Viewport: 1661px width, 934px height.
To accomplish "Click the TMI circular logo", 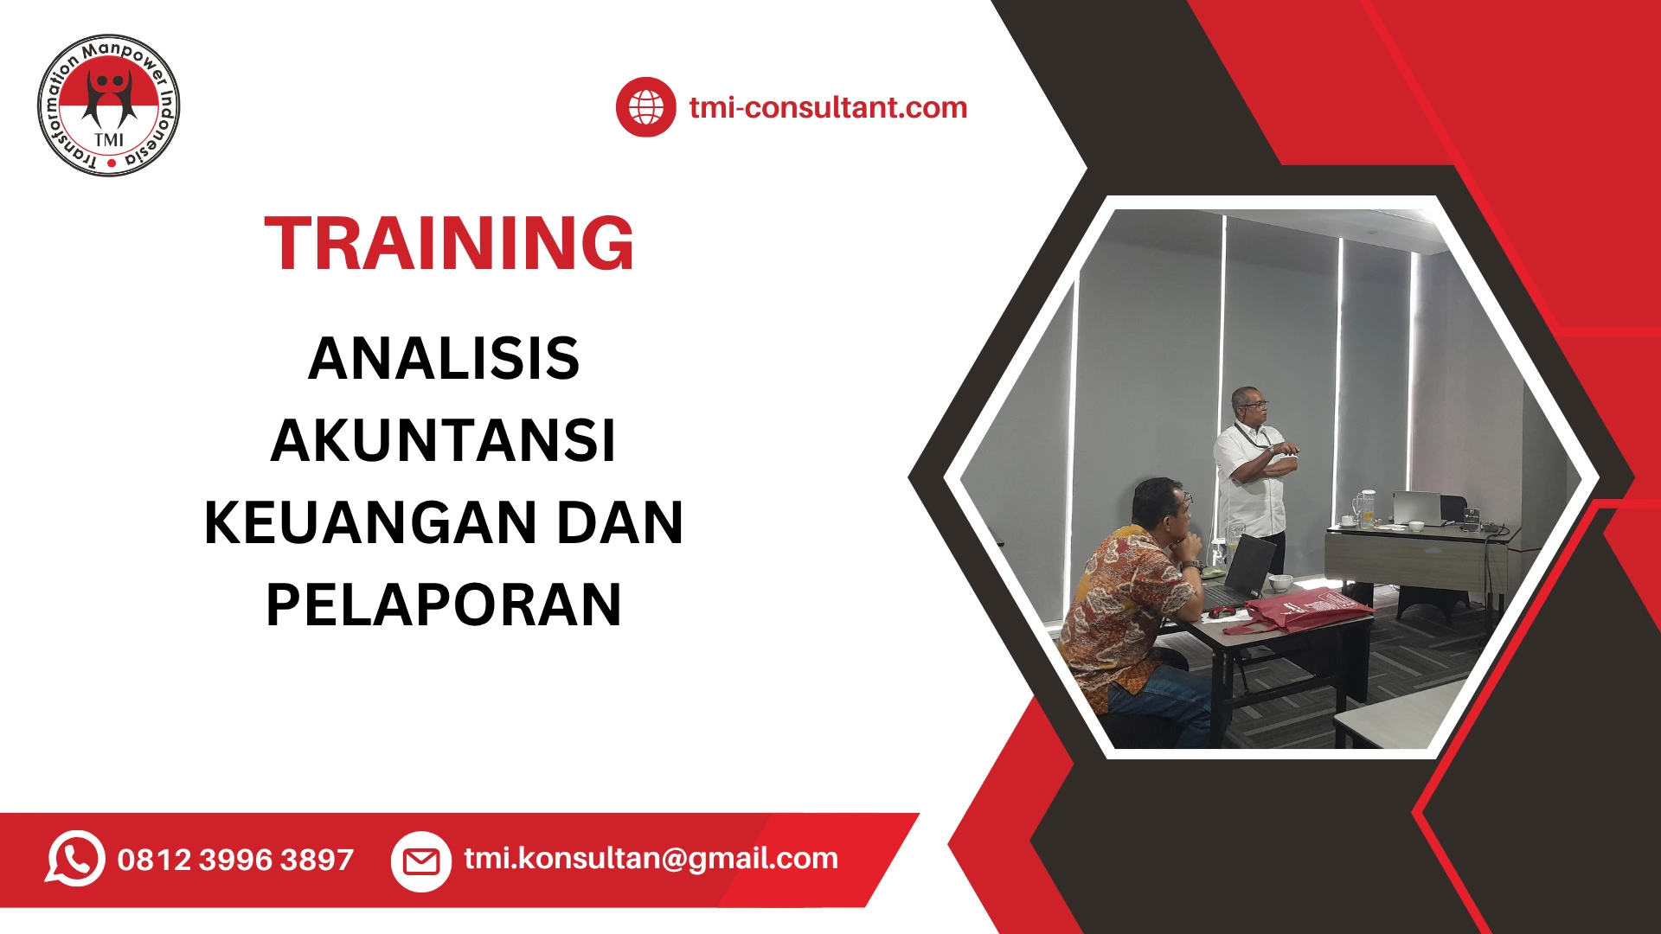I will click(x=109, y=106).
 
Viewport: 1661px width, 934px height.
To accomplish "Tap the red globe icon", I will click(x=645, y=107).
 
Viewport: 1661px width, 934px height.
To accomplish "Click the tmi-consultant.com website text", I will click(x=828, y=107).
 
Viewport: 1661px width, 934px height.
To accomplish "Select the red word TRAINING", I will click(x=449, y=244).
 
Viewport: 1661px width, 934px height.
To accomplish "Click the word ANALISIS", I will click(x=444, y=358).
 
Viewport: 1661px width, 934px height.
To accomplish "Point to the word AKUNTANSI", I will click(x=443, y=441).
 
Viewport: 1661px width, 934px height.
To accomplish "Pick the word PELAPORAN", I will click(x=444, y=605).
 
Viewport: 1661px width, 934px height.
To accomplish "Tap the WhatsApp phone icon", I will click(x=75, y=859).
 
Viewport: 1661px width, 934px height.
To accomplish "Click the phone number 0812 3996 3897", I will click(x=235, y=860).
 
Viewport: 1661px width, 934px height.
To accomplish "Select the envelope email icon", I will click(x=421, y=861).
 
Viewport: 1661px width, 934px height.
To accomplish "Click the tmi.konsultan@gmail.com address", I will click(x=651, y=858).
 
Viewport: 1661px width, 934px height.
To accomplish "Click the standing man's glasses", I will click(x=1254, y=405).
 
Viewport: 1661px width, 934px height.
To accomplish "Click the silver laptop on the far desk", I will click(x=1417, y=508).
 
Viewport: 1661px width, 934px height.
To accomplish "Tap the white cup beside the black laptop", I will click(x=1280, y=583).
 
